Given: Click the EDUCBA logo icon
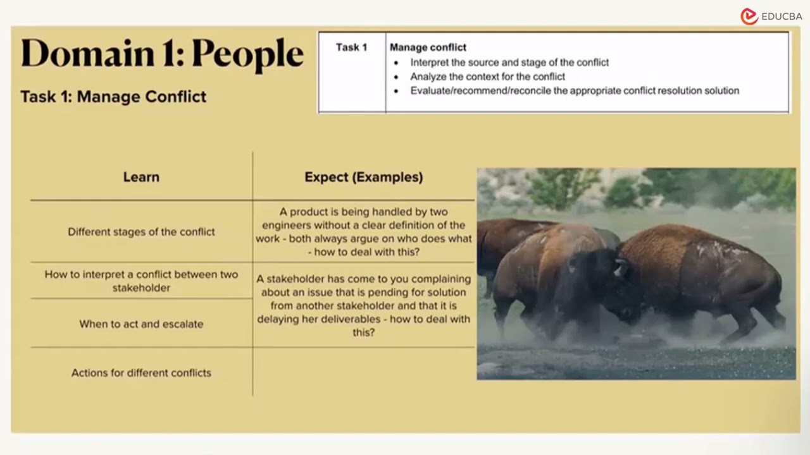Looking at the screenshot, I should [749, 16].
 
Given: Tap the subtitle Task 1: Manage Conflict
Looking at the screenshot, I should [113, 97].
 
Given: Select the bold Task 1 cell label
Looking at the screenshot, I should [351, 47].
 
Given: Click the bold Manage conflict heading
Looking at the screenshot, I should [428, 47].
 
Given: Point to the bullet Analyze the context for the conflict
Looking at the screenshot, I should [487, 76].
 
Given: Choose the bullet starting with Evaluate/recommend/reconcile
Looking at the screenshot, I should [574, 90].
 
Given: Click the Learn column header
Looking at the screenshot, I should [141, 178].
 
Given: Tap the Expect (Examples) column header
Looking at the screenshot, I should [363, 178].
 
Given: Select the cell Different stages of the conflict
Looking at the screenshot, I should [141, 232].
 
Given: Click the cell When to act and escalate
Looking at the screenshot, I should [141, 324].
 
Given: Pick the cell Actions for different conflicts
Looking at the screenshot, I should [141, 373].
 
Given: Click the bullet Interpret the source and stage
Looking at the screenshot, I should [509, 63].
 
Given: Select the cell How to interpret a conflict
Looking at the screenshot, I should [141, 281].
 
